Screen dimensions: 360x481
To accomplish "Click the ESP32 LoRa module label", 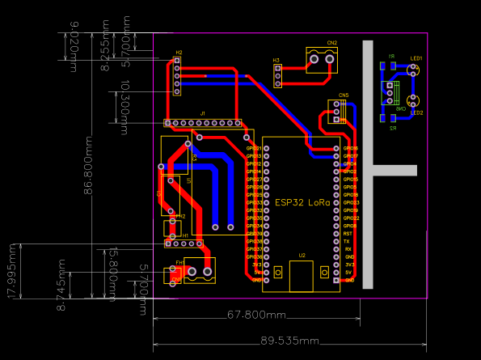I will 302,202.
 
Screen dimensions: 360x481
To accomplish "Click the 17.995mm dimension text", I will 12,270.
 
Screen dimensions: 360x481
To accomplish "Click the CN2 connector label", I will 332,43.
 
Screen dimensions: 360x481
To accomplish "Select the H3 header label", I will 276,60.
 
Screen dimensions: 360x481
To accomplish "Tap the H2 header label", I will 179,53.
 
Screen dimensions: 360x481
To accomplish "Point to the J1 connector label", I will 203,113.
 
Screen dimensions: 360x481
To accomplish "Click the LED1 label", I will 416,58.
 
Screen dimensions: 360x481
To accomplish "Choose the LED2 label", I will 416,112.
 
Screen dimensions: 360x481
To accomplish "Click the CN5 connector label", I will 344,95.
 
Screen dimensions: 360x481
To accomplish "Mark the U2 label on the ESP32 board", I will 302,256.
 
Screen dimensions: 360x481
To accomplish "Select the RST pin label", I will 348,234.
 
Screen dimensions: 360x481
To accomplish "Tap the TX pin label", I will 347,241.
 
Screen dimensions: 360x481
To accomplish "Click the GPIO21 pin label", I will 254,149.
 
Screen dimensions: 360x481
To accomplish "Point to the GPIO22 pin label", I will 351,218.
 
